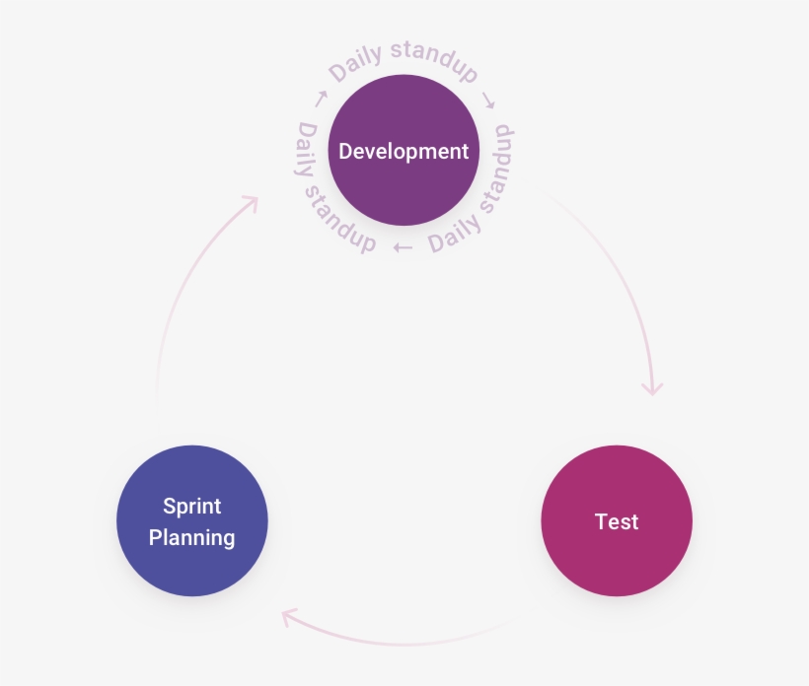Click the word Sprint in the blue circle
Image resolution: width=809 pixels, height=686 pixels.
(192, 507)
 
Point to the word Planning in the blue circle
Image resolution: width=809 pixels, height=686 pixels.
(192, 538)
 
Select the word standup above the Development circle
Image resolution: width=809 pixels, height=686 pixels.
(434, 59)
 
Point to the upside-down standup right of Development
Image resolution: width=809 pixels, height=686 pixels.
(501, 168)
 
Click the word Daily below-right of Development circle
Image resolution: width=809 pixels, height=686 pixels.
(454, 234)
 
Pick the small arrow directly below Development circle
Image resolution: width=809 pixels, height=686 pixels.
(403, 247)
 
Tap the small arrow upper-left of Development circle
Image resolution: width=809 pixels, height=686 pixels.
(320, 99)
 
